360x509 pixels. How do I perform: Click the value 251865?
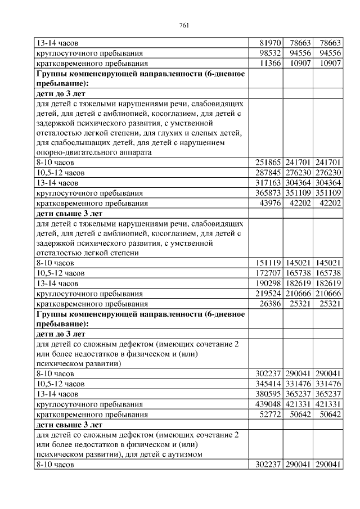[x=265, y=163]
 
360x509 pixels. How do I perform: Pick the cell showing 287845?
[x=265, y=173]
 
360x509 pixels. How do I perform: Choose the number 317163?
[x=265, y=183]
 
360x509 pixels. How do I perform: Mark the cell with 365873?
[x=265, y=193]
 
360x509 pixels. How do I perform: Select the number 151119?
[x=265, y=263]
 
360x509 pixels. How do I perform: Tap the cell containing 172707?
[x=265, y=273]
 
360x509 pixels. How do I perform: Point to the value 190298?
[x=265, y=283]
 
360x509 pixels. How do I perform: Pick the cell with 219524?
[x=265, y=294]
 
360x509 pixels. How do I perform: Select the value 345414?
[x=265, y=384]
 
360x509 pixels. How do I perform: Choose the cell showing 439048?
[x=265, y=404]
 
